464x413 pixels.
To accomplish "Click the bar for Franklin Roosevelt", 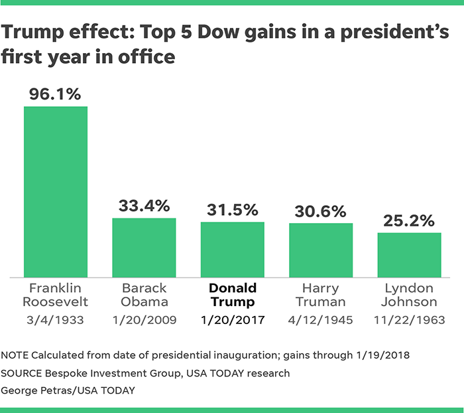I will click(x=56, y=191).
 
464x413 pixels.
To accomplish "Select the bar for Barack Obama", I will click(x=144, y=247).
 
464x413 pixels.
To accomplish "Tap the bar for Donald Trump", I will click(x=233, y=249).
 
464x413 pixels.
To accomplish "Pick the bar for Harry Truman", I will click(x=321, y=250).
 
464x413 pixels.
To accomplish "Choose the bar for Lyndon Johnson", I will click(x=410, y=254).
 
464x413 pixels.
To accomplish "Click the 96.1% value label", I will click(x=56, y=94).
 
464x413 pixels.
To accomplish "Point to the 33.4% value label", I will click(x=144, y=205).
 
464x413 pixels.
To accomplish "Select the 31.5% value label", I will click(x=233, y=209).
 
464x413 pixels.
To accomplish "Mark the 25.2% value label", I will click(x=410, y=220).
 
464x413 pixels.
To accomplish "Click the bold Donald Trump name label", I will click(x=233, y=295).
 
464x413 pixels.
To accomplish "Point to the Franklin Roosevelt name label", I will click(x=56, y=295).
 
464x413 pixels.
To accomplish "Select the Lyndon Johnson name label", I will click(x=410, y=295).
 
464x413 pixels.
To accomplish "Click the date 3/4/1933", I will click(x=56, y=320).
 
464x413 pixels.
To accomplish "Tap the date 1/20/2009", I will click(x=144, y=320).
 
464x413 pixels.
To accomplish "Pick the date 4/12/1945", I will click(x=321, y=320).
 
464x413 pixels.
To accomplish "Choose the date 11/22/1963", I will click(x=410, y=320).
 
